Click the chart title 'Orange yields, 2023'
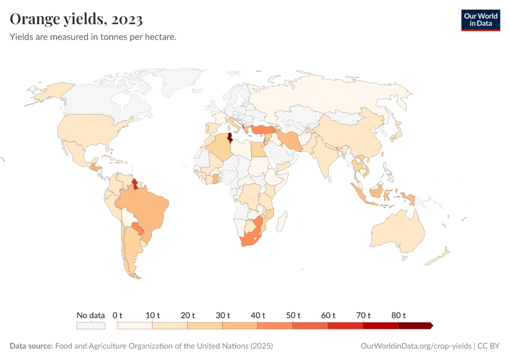click(x=76, y=19)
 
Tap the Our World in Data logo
click(x=480, y=20)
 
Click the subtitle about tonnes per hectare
click(x=93, y=37)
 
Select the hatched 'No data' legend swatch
click(x=91, y=326)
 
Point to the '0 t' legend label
click(x=118, y=315)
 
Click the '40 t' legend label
click(x=259, y=315)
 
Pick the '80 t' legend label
click(x=399, y=315)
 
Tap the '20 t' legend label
click(x=188, y=315)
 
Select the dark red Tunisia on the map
click(x=230, y=136)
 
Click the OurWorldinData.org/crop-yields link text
click(x=416, y=346)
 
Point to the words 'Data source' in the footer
click(x=31, y=346)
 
